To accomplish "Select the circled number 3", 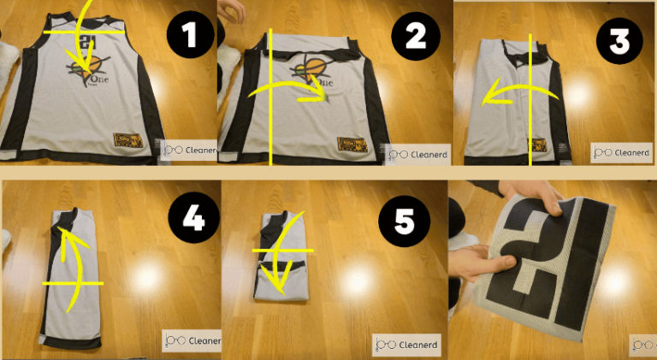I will tap(623, 39).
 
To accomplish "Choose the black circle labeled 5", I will tap(401, 224).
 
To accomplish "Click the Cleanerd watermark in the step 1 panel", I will tap(190, 150).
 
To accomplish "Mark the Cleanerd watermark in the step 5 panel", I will tap(407, 344).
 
